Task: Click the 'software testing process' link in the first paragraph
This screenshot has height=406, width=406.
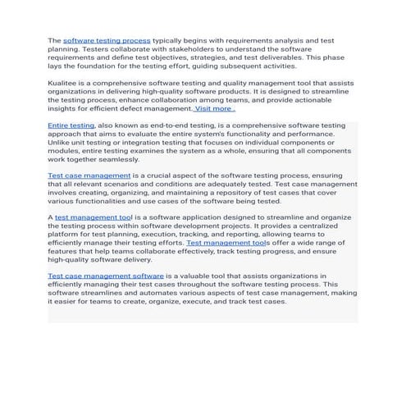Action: coord(107,39)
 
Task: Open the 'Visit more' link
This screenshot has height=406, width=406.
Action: coord(213,108)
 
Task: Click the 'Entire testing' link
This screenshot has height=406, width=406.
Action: coord(71,125)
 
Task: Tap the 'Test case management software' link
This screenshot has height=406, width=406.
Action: coord(106,276)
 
